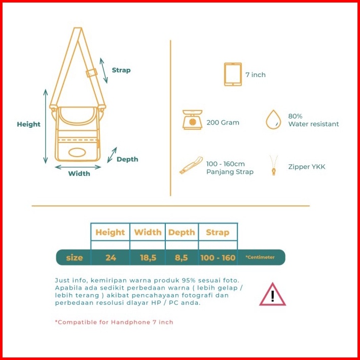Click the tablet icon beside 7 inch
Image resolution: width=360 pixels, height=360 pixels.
(x=233, y=75)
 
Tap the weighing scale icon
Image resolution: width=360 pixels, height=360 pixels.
(x=193, y=120)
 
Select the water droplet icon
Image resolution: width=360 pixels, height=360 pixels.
(x=274, y=120)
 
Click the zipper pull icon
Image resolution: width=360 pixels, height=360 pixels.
(x=274, y=165)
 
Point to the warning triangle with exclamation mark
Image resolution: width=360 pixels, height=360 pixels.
(x=272, y=295)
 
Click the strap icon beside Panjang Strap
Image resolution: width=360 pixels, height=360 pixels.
(x=192, y=165)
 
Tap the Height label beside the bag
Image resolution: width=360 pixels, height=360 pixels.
(x=28, y=124)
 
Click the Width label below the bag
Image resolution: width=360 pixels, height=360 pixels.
(x=79, y=173)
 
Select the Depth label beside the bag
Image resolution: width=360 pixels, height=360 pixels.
(x=127, y=159)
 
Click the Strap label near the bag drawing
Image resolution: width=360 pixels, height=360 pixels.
(x=121, y=70)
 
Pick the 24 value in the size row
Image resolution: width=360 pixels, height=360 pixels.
(x=111, y=258)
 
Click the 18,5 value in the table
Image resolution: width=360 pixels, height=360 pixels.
(x=148, y=258)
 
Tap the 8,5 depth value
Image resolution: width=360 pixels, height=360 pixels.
(x=182, y=258)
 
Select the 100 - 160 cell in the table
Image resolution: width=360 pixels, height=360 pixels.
(x=218, y=258)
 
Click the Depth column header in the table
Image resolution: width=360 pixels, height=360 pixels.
(x=182, y=232)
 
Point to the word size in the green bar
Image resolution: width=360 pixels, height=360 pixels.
(x=74, y=258)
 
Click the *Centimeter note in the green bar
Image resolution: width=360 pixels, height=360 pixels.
(x=260, y=258)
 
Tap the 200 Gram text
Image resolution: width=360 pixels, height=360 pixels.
(x=223, y=122)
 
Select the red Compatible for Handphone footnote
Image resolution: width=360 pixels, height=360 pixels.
(x=114, y=322)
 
